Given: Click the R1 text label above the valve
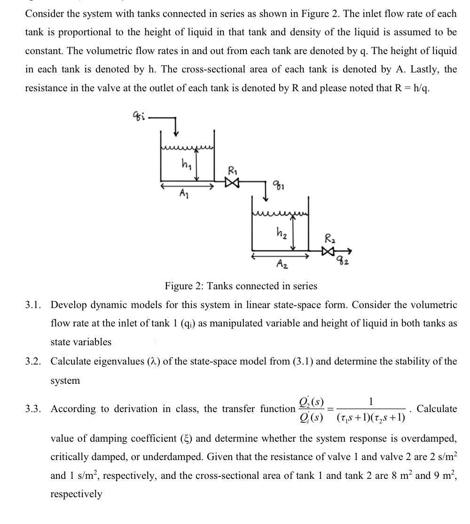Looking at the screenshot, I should (232, 169).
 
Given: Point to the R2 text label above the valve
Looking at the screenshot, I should (330, 238).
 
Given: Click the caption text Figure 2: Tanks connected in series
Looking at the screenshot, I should (241, 286).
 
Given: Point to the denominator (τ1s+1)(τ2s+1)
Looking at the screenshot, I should (371, 416).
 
